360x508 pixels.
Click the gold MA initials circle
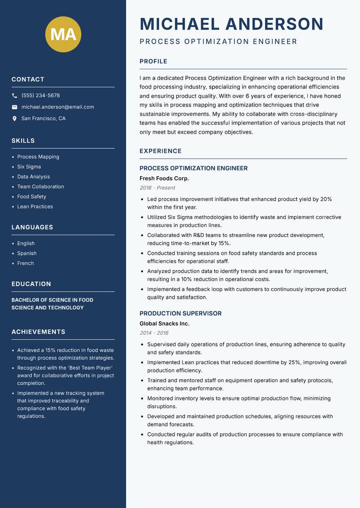[63, 34]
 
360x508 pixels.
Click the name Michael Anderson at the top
[232, 24]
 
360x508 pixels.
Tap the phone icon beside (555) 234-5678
[15, 96]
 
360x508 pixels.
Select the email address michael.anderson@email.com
[58, 107]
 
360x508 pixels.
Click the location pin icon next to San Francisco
[15, 119]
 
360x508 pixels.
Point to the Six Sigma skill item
[29, 167]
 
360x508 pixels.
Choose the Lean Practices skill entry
[35, 207]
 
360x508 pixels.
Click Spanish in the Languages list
[27, 254]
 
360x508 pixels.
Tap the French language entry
[26, 263]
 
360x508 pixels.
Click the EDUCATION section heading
[31, 284]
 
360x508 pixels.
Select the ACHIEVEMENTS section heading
[38, 332]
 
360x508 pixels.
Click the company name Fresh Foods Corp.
[164, 178]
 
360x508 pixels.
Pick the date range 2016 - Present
[157, 188]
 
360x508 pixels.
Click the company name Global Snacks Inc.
[164, 324]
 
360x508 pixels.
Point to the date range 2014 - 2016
[154, 333]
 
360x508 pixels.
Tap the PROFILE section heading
[153, 62]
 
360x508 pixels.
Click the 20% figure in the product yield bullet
[326, 199]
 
